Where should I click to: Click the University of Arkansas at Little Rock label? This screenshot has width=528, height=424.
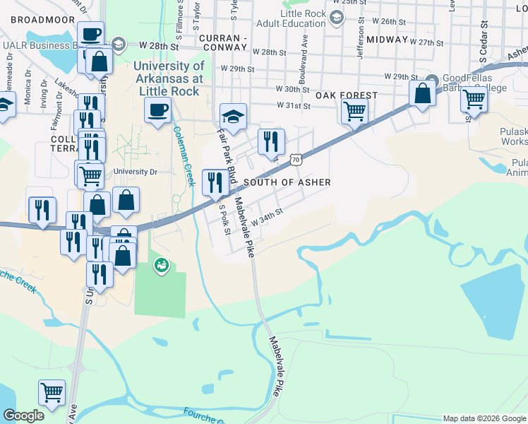pyautogui.click(x=169, y=78)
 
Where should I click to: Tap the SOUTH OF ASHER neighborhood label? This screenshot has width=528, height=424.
pyautogui.click(x=287, y=182)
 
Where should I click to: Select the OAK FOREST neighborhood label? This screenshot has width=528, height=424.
pyautogui.click(x=347, y=95)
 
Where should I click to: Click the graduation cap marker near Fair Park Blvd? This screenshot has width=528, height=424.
pyautogui.click(x=233, y=115)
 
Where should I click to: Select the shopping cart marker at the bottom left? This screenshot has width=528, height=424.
pyautogui.click(x=52, y=392)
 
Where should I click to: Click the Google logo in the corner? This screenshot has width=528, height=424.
pyautogui.click(x=23, y=416)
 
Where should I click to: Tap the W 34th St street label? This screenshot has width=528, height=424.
pyautogui.click(x=267, y=217)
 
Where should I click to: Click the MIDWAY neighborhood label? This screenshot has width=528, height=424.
pyautogui.click(x=388, y=40)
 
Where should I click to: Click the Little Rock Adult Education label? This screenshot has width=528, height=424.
pyautogui.click(x=300, y=19)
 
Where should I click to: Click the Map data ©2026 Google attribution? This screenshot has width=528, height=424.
pyautogui.click(x=484, y=418)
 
